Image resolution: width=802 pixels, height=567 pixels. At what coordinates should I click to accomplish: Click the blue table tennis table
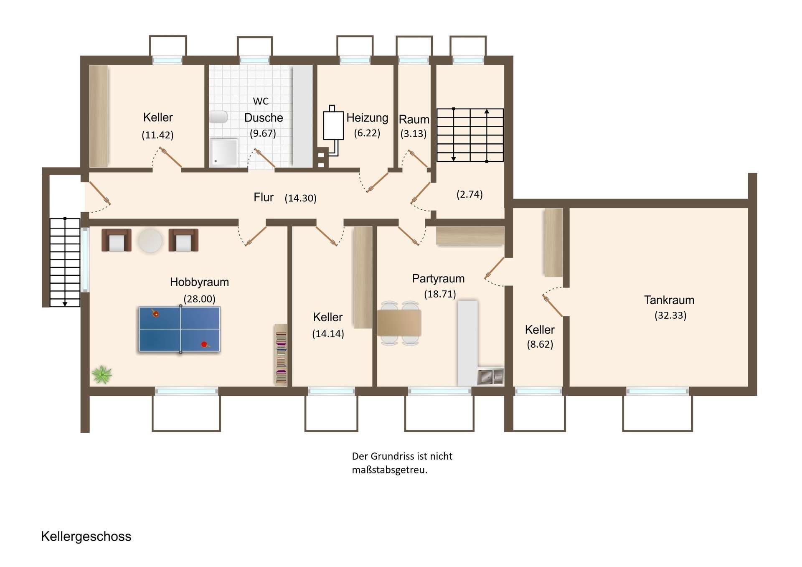[x=180, y=329]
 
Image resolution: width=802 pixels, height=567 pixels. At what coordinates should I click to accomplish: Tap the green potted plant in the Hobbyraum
[x=102, y=374]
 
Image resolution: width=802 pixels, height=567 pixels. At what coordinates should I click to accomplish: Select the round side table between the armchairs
[x=150, y=240]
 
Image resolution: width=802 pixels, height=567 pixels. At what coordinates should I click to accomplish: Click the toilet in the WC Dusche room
[x=218, y=117]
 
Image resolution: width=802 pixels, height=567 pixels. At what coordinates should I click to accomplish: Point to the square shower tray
[x=224, y=153]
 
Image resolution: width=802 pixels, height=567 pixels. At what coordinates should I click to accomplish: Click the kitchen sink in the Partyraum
[x=490, y=376]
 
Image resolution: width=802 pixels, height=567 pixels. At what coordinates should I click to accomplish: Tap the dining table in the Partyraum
[x=399, y=323]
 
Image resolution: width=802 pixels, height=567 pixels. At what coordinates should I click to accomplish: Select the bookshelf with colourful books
[x=281, y=354]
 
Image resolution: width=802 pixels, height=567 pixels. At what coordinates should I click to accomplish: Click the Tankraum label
[x=669, y=300]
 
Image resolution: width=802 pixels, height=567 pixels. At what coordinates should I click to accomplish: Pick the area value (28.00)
[x=200, y=299]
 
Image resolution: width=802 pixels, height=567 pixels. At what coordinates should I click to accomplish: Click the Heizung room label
[x=367, y=118]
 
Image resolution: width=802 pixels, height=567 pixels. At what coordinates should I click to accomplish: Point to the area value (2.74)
[x=470, y=194]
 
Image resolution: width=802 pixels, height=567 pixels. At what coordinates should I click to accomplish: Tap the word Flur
[x=264, y=197]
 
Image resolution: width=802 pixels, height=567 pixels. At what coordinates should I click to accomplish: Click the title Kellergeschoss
[x=86, y=536]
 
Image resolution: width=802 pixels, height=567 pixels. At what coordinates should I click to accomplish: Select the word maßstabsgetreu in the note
[x=390, y=470]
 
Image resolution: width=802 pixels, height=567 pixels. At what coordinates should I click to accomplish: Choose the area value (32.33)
[x=670, y=315]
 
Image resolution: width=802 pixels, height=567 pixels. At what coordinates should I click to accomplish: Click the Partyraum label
[x=438, y=279]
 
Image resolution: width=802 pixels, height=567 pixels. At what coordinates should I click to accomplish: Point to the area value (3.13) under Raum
[x=414, y=134]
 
